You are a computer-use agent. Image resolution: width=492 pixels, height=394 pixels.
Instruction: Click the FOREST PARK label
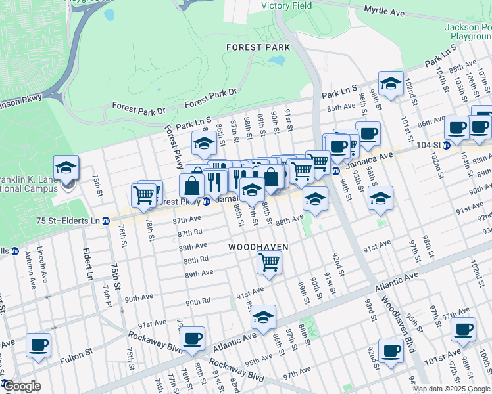[x=253, y=47]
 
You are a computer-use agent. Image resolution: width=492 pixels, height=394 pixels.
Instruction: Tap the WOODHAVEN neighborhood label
[x=258, y=246]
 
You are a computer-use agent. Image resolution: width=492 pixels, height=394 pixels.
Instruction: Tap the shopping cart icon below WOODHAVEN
[x=270, y=262]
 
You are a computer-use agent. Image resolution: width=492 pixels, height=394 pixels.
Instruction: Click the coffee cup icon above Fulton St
[x=38, y=344]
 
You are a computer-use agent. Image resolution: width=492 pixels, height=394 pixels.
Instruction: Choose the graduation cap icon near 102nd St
[x=391, y=83]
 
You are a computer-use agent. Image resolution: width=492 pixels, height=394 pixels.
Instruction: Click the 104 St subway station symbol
[x=447, y=145]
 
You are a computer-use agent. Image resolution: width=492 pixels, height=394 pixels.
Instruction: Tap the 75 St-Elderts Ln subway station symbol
[x=106, y=221]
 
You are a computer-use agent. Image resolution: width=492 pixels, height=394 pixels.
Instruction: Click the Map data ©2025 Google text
[x=451, y=389]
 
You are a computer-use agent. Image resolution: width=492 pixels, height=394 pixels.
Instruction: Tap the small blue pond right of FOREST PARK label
[x=277, y=61]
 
